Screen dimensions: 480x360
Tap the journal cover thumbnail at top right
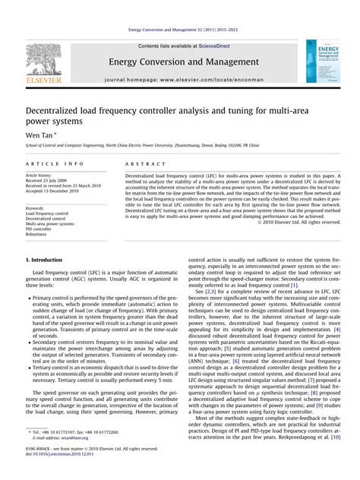(322, 62)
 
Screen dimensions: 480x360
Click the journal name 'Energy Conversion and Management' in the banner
(179, 62)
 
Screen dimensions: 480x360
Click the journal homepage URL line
(179, 79)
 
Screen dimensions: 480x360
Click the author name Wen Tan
(41, 134)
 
